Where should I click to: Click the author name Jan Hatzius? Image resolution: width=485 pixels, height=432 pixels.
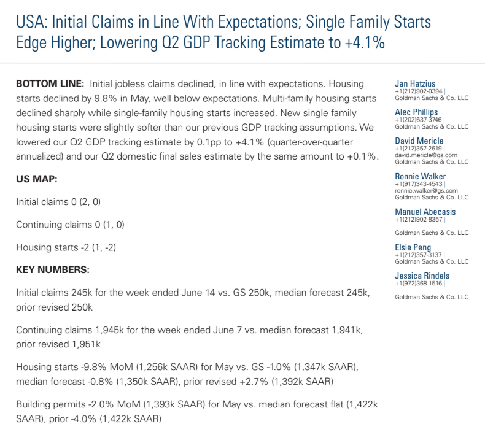coord(415,84)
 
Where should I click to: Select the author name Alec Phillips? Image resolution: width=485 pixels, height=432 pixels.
coord(416,112)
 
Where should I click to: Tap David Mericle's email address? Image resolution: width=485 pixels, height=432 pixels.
coord(426,155)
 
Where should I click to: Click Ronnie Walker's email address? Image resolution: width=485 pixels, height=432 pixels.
coord(426,190)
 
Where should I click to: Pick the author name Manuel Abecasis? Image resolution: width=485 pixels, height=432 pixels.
coord(425,212)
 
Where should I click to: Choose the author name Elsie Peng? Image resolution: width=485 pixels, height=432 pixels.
coord(413,247)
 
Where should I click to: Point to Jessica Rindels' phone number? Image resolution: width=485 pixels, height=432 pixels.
coord(419,283)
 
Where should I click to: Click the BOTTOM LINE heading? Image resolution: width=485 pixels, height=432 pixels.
coord(50,84)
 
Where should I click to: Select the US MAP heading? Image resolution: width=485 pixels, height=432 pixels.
coord(36,179)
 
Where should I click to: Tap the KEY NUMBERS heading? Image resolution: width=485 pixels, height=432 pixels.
coord(53,269)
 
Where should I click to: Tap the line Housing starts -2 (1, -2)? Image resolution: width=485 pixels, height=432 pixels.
coord(66,247)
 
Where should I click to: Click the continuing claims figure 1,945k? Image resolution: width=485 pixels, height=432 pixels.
coord(109,330)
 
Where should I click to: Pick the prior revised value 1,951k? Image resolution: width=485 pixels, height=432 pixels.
coord(86,344)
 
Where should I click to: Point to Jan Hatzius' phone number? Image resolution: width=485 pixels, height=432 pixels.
coord(419,91)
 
